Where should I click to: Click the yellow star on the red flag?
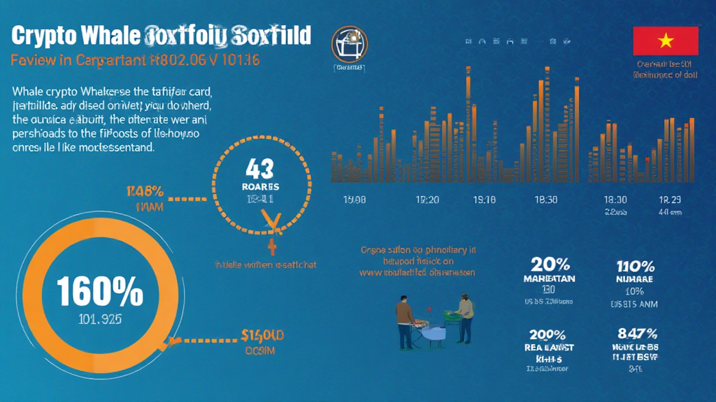tap(665, 40)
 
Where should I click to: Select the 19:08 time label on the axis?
tap(355, 200)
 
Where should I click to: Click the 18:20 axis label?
tap(427, 200)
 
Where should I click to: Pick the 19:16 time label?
tap(484, 200)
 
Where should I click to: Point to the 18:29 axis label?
tap(670, 200)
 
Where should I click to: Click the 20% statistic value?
tap(550, 265)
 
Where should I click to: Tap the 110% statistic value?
tap(636, 266)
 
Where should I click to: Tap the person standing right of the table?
tap(464, 318)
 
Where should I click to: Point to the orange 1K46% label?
tap(145, 190)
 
